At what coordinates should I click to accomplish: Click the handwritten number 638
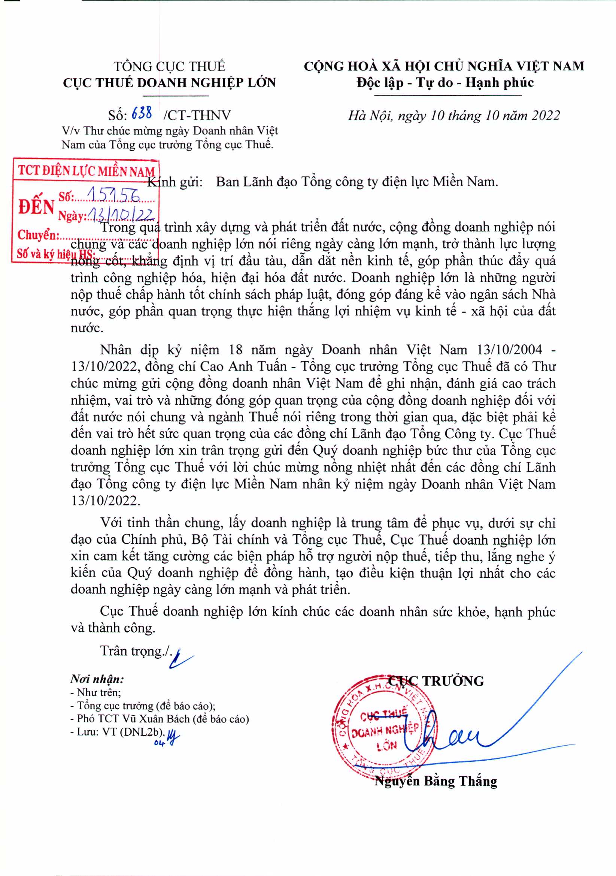tap(142, 113)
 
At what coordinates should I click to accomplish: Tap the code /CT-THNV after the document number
tap(197, 115)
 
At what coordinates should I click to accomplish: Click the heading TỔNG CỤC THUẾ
tap(169, 66)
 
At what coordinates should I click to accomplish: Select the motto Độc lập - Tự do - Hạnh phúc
tap(445, 82)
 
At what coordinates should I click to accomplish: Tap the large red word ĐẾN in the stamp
tap(37, 207)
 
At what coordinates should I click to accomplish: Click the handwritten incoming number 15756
tap(113, 195)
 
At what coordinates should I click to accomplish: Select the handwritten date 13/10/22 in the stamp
tap(121, 215)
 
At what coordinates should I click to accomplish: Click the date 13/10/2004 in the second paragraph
tap(509, 350)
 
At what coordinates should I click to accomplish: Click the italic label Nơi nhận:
tap(97, 679)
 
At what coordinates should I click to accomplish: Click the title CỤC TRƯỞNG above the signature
tap(436, 681)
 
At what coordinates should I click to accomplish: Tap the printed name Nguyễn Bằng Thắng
tap(436, 781)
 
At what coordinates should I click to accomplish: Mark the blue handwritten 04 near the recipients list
tap(159, 743)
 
